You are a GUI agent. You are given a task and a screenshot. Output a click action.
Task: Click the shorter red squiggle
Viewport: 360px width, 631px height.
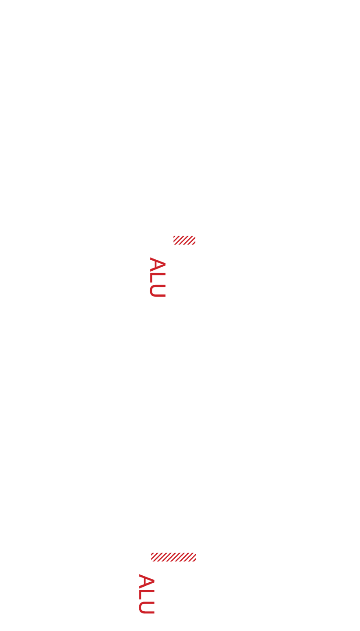click(x=184, y=240)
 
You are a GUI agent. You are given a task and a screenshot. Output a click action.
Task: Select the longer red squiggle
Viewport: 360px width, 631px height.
click(x=173, y=557)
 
